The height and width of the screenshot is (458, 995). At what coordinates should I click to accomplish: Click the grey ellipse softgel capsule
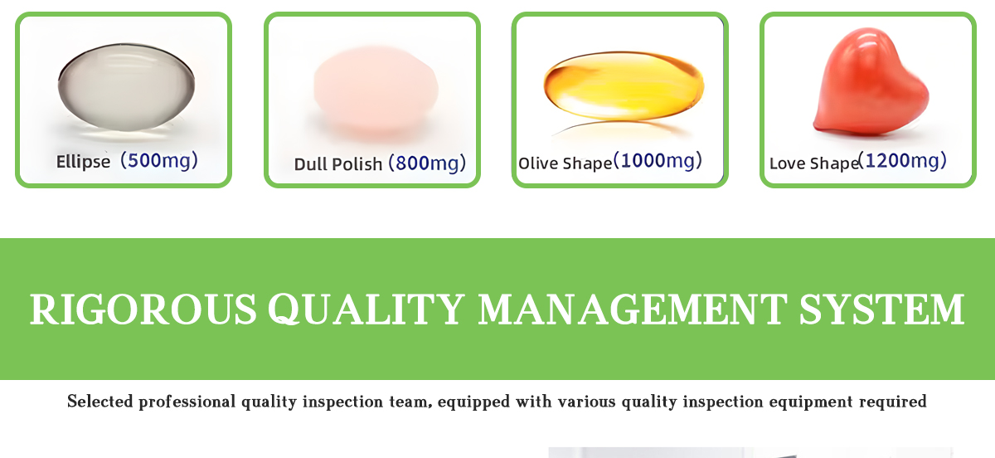coord(126,87)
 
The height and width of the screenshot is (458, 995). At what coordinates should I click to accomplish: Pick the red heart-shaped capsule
coord(871,81)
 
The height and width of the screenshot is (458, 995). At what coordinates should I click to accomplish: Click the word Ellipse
coord(83,162)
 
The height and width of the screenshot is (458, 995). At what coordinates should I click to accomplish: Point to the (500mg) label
coord(159,160)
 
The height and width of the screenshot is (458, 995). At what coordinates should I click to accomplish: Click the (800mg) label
coord(427,163)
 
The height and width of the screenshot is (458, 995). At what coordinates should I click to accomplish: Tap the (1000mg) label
coord(658,161)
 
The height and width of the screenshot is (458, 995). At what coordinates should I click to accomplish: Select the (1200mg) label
coord(903,161)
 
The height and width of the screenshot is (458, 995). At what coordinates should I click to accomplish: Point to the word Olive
coord(538,163)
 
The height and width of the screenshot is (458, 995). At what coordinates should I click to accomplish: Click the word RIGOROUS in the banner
coord(143,309)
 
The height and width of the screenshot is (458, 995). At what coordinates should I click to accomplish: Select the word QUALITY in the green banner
coord(366,309)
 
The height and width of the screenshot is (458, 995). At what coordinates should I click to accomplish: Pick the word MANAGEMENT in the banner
coord(633,309)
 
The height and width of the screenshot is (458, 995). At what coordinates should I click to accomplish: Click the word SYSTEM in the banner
coord(882,309)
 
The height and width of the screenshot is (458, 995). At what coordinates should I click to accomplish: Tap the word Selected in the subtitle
coord(100,402)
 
